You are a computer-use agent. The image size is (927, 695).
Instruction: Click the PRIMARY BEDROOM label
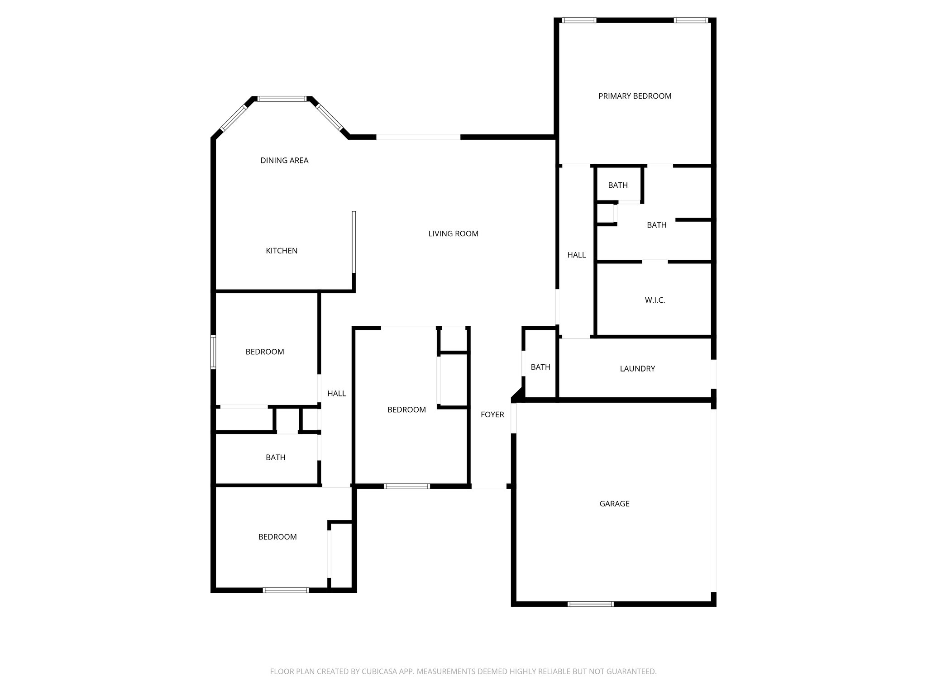coord(635,96)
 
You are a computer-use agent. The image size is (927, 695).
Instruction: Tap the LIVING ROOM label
coord(453,233)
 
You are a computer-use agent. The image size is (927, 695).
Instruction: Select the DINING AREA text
coord(284,160)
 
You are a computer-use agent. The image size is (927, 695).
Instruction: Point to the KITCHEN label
coord(282,251)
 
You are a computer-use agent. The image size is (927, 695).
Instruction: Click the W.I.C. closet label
coord(655,300)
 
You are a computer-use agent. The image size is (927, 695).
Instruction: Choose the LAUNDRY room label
coord(637,369)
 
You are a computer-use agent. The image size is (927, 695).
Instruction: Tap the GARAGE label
coord(614,504)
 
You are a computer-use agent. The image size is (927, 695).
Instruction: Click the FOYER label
coord(492,414)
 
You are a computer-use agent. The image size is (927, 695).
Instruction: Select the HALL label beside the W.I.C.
coord(576,255)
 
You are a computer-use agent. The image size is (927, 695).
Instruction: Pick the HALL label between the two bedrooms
coord(336,394)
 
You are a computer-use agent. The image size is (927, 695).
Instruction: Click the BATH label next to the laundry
coord(540,367)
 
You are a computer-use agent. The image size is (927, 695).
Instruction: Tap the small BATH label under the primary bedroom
coord(618,185)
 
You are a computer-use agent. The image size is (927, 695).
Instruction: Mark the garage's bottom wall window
coord(590,604)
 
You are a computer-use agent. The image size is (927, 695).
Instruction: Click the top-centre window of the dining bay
coord(282,99)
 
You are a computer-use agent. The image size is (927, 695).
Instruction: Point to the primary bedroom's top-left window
coord(578,20)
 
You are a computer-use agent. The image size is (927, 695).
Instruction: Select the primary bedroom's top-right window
coord(691,20)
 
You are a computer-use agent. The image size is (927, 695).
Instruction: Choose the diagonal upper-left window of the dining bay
coord(233,118)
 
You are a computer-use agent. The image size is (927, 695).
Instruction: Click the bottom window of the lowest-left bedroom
coord(286,590)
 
